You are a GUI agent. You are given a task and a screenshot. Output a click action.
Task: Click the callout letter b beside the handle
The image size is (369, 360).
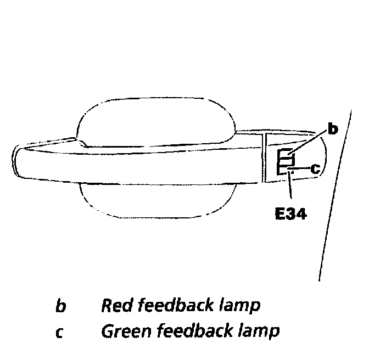(332, 130)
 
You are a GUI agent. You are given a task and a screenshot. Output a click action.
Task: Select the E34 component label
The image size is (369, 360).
(290, 212)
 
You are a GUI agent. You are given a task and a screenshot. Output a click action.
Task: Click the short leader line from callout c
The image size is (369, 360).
(300, 169)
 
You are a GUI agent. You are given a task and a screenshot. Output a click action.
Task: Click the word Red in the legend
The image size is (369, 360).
(114, 306)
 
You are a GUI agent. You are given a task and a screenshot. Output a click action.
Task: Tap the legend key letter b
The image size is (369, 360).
(60, 306)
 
